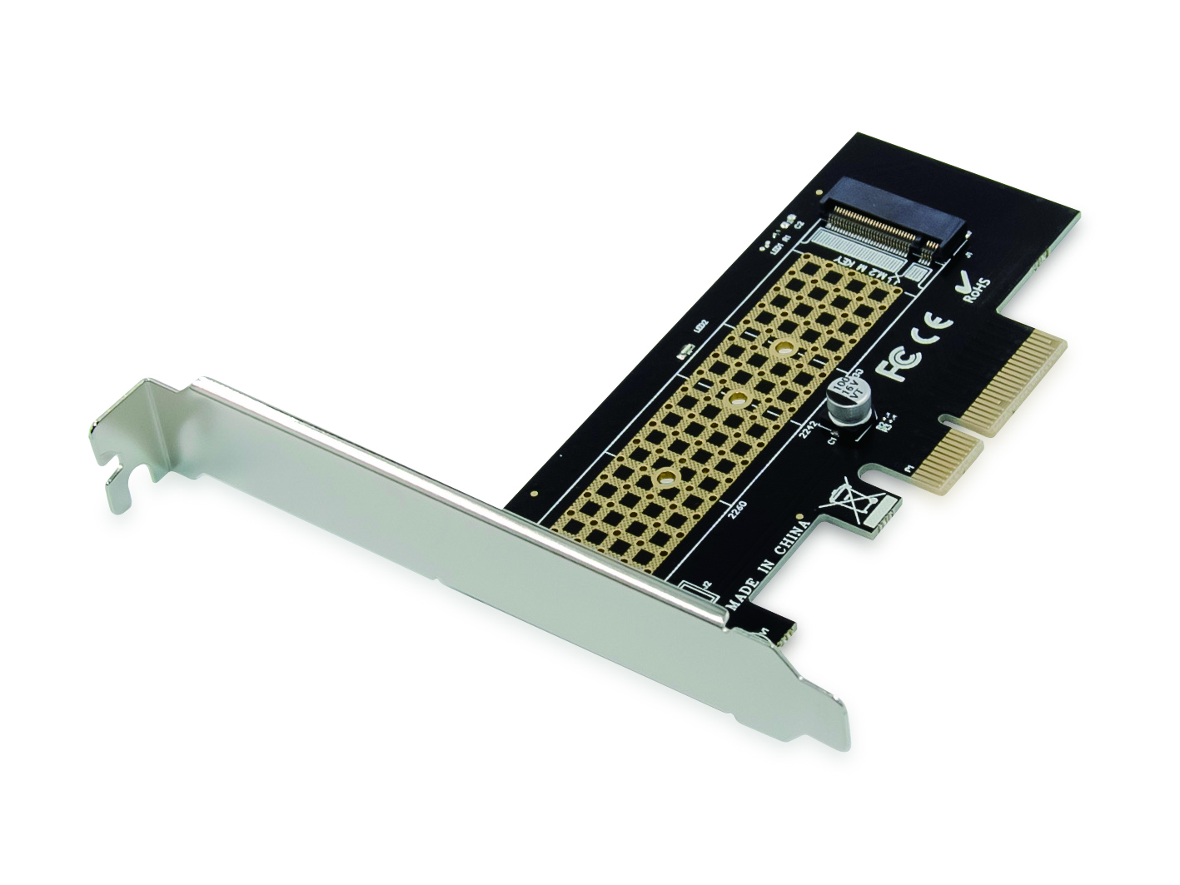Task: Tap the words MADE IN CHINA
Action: click(769, 567)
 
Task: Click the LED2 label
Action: click(701, 326)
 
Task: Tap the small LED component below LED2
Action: click(688, 351)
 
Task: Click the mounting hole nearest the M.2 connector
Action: click(783, 348)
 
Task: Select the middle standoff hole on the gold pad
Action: click(735, 400)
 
